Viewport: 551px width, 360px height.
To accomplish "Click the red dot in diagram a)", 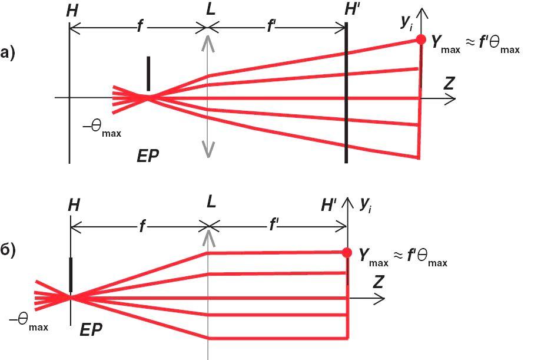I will point(420,39).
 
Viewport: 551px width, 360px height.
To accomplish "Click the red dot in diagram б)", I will point(347,253).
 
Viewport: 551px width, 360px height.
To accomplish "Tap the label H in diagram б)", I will point(74,205).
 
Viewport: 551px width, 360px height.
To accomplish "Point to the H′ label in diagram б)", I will point(328,205).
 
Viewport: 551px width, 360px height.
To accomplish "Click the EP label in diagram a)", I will point(147,156).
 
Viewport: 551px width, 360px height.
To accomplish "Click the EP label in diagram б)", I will point(91,330).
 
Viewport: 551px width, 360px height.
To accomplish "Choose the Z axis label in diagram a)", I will point(449,83).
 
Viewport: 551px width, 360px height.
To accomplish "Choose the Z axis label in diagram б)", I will point(378,282).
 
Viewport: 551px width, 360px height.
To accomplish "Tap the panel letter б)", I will point(8,249).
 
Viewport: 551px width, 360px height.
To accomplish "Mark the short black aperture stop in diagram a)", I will point(148,73).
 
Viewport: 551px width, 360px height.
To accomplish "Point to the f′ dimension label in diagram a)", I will point(272,27).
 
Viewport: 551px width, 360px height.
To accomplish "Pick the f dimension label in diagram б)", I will point(141,226).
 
